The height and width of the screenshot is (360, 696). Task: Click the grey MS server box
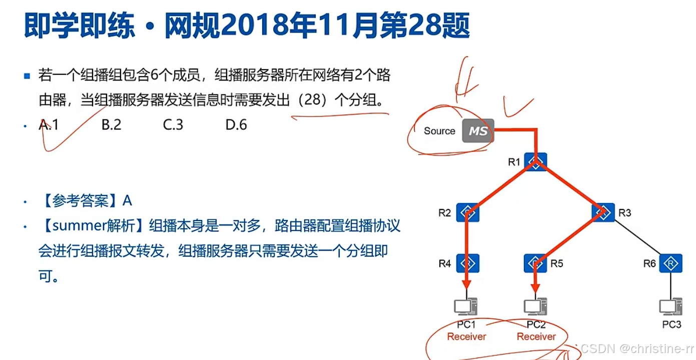pyautogui.click(x=478, y=130)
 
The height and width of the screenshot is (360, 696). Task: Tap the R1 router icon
pyautogui.click(x=535, y=162)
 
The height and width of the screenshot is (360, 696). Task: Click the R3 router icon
pyautogui.click(x=603, y=212)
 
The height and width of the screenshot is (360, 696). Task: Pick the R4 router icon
pyautogui.click(x=468, y=263)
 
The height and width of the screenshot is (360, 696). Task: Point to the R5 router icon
pyautogui.click(x=535, y=263)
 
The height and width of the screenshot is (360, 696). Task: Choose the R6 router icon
pyautogui.click(x=670, y=263)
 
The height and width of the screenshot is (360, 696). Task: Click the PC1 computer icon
pyautogui.click(x=466, y=306)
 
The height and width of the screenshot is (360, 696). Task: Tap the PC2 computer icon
pyautogui.click(x=535, y=306)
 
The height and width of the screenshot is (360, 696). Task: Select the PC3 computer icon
pyautogui.click(x=670, y=306)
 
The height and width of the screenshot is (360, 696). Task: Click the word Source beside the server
pyautogui.click(x=439, y=131)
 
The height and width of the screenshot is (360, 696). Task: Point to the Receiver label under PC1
pyautogui.click(x=466, y=336)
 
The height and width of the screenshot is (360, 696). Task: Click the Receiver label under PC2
pyautogui.click(x=536, y=336)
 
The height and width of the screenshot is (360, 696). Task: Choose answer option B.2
pyautogui.click(x=112, y=124)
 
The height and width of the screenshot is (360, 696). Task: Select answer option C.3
pyautogui.click(x=173, y=124)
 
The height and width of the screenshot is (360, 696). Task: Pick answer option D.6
pyautogui.click(x=236, y=124)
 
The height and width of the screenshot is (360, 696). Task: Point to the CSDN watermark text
pyautogui.click(x=595, y=348)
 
